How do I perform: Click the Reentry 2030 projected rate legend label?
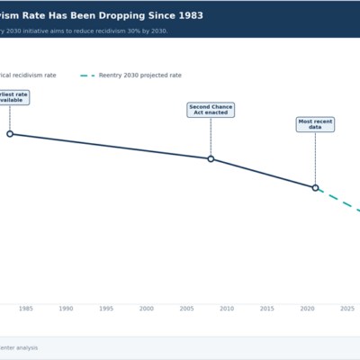click(142, 76)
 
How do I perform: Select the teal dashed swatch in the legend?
click(88, 76)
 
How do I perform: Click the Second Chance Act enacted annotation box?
click(211, 110)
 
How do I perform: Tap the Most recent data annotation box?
click(315, 124)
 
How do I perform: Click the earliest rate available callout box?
click(16, 97)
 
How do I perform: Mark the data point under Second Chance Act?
click(211, 158)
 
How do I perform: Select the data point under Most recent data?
click(315, 187)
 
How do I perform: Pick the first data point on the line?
click(10, 133)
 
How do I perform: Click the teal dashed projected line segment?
click(340, 201)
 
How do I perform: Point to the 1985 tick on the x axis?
click(26, 309)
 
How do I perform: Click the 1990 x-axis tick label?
click(66, 309)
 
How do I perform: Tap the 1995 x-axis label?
click(106, 309)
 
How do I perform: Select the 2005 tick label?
click(186, 309)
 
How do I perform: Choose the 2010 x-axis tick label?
click(227, 309)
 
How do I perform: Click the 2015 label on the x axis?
click(267, 309)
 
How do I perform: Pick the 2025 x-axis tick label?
click(347, 309)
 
